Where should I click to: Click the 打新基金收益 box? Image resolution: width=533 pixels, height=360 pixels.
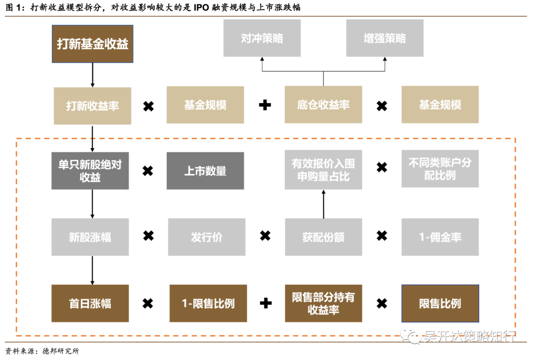click(x=92, y=43)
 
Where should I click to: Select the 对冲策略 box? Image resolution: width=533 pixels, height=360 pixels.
click(x=262, y=39)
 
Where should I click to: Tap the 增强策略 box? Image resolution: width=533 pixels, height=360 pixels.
click(x=384, y=39)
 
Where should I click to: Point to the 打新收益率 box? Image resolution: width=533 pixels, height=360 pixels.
click(x=92, y=106)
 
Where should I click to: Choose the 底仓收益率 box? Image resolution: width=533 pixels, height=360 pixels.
click(x=323, y=105)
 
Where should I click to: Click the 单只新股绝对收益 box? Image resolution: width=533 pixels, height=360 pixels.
click(x=90, y=171)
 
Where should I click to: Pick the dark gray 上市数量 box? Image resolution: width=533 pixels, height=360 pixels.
click(x=205, y=171)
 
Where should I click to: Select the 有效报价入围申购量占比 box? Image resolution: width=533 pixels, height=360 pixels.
click(x=323, y=170)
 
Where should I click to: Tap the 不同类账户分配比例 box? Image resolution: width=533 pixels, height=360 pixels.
click(x=440, y=169)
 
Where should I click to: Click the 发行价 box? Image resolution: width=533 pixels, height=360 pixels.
click(x=206, y=237)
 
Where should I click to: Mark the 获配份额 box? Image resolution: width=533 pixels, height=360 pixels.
click(x=323, y=237)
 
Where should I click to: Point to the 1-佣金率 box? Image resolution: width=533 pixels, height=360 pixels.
click(x=440, y=237)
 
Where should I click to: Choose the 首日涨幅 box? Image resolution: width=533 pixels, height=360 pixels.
click(x=90, y=303)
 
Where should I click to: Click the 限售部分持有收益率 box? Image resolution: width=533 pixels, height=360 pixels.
click(x=323, y=303)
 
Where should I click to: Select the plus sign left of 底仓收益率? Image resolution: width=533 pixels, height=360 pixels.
click(x=265, y=105)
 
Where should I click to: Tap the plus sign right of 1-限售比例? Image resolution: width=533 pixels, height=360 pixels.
click(x=266, y=303)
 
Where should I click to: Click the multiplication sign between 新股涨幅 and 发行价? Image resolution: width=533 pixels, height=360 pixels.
click(x=148, y=236)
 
